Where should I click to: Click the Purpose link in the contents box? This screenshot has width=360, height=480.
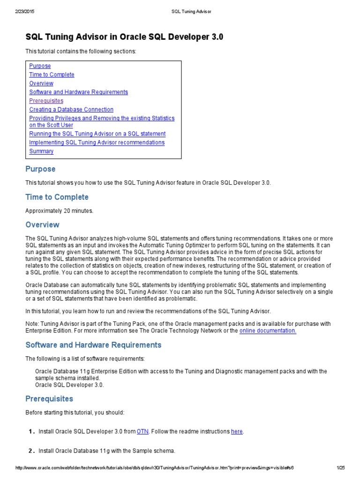pyautogui.click(x=40, y=66)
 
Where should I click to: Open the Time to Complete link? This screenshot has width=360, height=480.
pyautogui.click(x=52, y=75)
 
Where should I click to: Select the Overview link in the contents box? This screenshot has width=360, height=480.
pyautogui.click(x=41, y=83)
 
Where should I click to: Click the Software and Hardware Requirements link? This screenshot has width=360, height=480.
pyautogui.click(x=78, y=92)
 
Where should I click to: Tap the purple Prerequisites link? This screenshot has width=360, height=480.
pyautogui.click(x=46, y=101)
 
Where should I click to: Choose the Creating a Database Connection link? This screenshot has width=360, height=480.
pyautogui.click(x=71, y=110)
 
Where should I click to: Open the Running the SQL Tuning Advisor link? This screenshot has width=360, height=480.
pyautogui.click(x=97, y=134)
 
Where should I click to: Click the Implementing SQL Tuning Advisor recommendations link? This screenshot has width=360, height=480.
pyautogui.click(x=97, y=142)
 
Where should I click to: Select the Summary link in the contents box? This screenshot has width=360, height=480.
pyautogui.click(x=41, y=151)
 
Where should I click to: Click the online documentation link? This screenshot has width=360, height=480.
pyautogui.click(x=268, y=330)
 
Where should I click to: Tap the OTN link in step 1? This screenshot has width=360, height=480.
pyautogui.click(x=142, y=431)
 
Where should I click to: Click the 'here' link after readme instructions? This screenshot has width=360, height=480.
pyautogui.click(x=237, y=431)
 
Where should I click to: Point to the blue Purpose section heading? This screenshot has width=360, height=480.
pyautogui.click(x=40, y=169)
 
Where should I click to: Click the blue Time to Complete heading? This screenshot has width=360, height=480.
pyautogui.click(x=57, y=197)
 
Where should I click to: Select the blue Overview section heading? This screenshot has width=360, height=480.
pyautogui.click(x=43, y=225)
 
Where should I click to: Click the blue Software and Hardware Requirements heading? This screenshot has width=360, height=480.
pyautogui.click(x=93, y=345)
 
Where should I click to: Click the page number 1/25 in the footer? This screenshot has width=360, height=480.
pyautogui.click(x=340, y=467)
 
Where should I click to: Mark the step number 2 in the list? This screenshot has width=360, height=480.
pyautogui.click(x=31, y=451)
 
